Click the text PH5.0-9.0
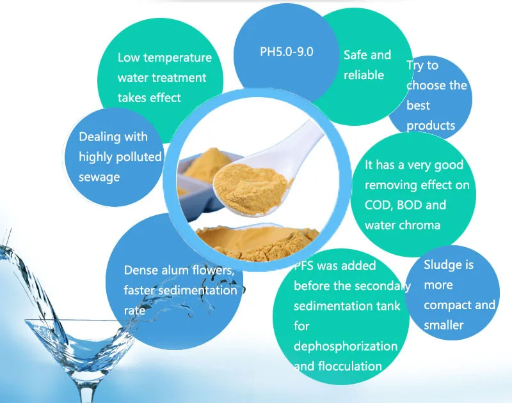(286, 52)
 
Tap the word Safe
(355, 55)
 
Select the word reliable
(364, 75)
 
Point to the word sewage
(99, 177)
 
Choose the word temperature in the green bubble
(177, 57)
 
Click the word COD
(378, 206)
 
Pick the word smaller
(444, 325)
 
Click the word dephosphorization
(346, 346)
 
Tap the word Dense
(141, 270)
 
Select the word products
(431, 125)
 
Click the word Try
(415, 65)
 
